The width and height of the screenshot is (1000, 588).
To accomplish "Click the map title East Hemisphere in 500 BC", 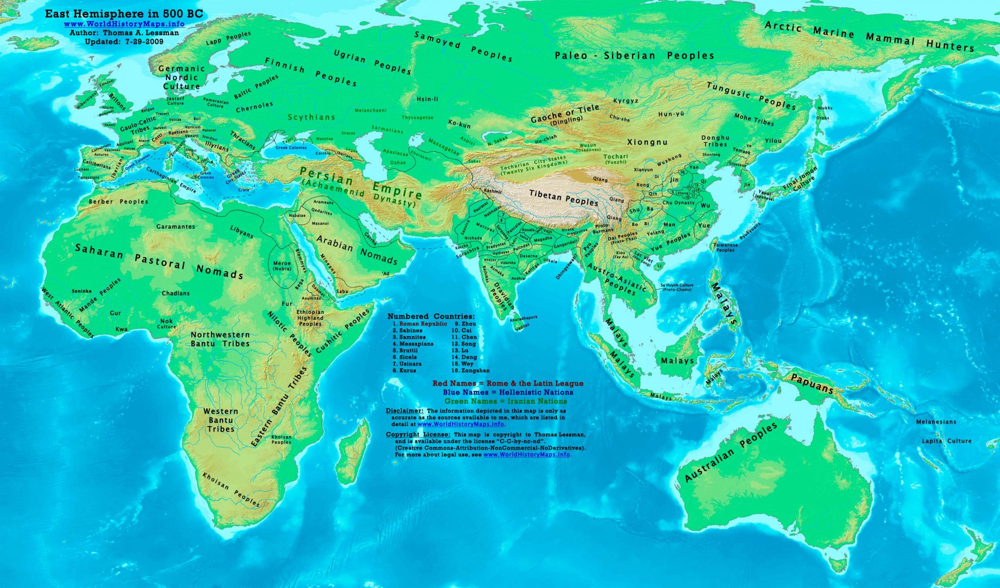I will pyautogui.click(x=124, y=14).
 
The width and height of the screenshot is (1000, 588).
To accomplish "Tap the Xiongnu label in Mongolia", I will pyautogui.click(x=647, y=142).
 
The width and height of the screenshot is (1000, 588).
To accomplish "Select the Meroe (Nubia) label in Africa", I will pyautogui.click(x=282, y=266).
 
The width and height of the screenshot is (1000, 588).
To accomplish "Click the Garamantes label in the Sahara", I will pyautogui.click(x=176, y=227).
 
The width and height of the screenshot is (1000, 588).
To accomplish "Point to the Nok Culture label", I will pyautogui.click(x=167, y=324).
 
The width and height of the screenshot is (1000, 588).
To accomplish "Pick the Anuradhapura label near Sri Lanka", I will pyautogui.click(x=523, y=318).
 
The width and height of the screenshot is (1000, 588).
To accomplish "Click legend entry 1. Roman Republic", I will pyautogui.click(x=420, y=324).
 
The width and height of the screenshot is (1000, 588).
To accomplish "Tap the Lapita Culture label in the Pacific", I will pyautogui.click(x=946, y=441).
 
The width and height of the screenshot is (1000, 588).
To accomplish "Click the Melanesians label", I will pyautogui.click(x=936, y=422).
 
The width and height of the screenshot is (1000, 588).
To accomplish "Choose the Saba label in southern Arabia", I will pyautogui.click(x=342, y=291).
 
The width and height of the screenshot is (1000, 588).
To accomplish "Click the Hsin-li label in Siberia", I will pyautogui.click(x=427, y=99).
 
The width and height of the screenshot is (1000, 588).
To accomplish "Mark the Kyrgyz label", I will pyautogui.click(x=625, y=101).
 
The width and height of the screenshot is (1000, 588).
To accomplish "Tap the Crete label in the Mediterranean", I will pyautogui.click(x=244, y=190).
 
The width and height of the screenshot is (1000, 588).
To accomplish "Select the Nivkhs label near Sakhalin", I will pyautogui.click(x=825, y=108).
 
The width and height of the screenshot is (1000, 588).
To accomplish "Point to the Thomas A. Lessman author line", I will pyautogui.click(x=124, y=33).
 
